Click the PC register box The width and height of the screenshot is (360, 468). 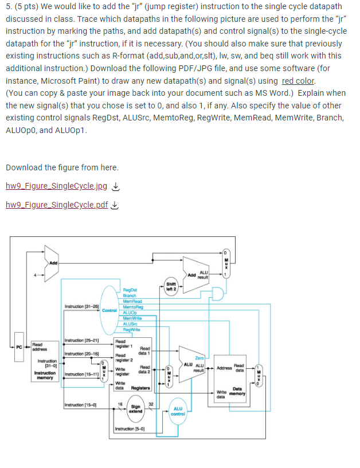point(19,346)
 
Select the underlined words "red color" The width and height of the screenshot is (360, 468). point(298,81)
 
